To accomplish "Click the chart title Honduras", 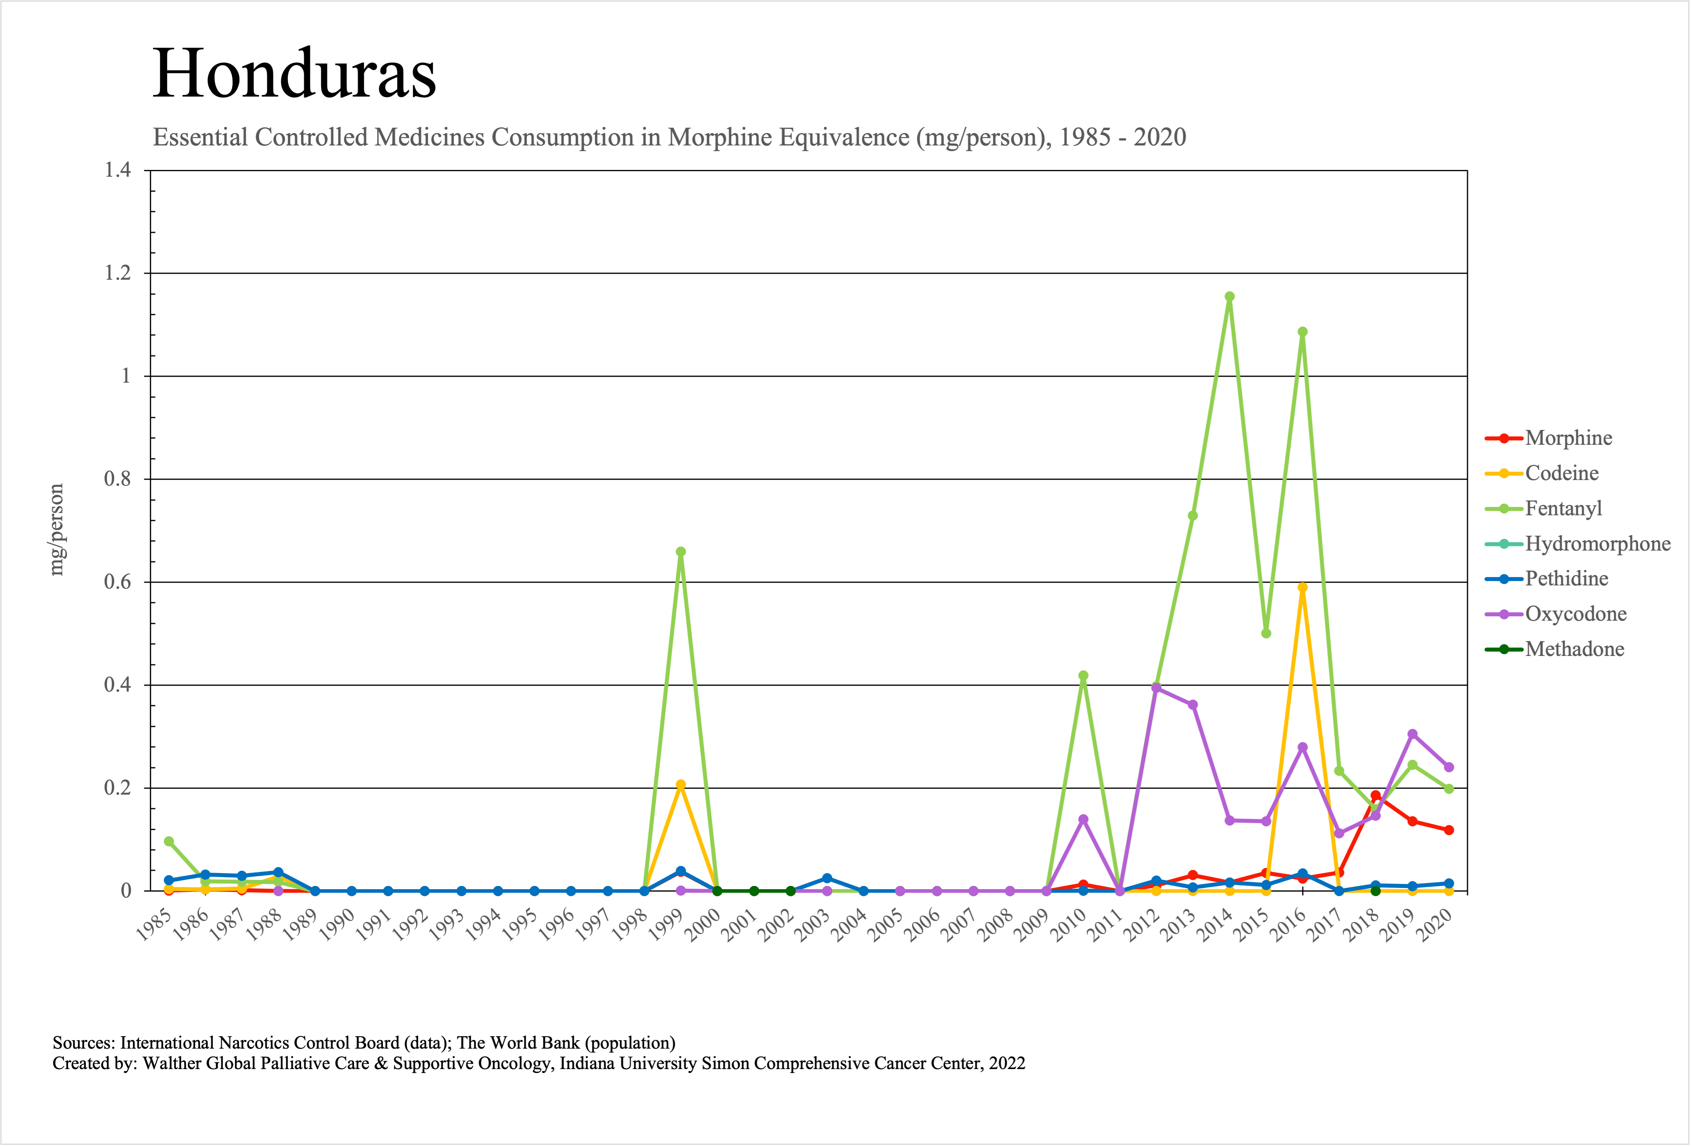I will click(x=294, y=73).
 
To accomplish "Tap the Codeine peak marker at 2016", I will click(x=1302, y=587).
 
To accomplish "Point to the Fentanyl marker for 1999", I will click(x=681, y=551).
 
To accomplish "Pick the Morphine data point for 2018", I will click(x=1375, y=796).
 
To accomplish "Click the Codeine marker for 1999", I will click(x=681, y=785).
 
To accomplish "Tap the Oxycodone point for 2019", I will click(x=1413, y=734).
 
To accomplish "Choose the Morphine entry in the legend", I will click(x=1568, y=438).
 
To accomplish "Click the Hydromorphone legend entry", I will click(x=1597, y=543).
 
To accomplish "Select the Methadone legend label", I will click(x=1574, y=649).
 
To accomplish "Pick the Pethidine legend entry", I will click(x=1566, y=579).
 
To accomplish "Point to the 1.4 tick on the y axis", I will click(x=118, y=170).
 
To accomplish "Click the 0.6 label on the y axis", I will click(x=118, y=582).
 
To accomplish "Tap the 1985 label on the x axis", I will click(x=154, y=926).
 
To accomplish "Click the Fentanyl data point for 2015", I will click(x=1266, y=633).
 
